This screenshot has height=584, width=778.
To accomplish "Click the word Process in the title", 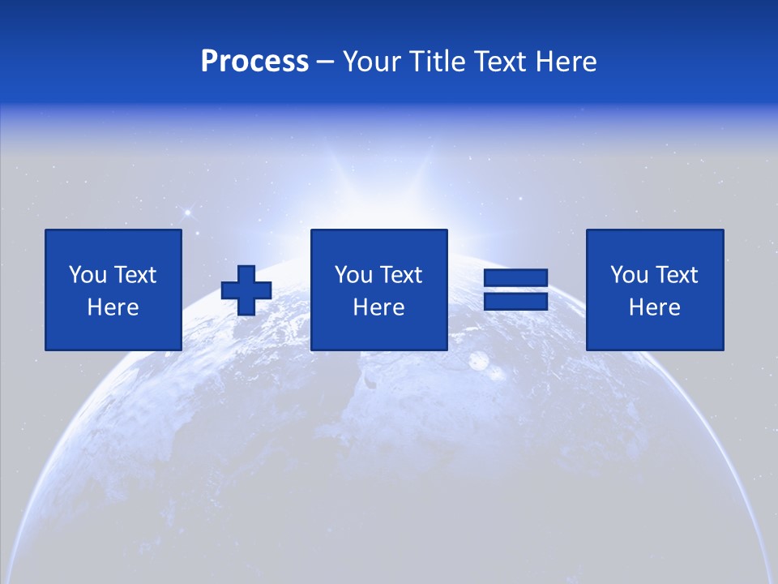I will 254,61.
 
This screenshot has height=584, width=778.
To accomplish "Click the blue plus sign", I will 246,290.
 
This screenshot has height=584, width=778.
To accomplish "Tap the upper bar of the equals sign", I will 515,278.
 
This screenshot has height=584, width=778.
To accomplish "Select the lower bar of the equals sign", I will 515,302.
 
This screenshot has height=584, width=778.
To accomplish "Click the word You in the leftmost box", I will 88,275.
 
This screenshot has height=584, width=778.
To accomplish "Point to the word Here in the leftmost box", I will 113,307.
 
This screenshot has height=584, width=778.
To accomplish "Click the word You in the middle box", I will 353,275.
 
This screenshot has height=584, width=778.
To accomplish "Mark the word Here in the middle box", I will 379,307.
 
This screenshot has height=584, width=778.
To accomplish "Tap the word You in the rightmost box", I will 629,275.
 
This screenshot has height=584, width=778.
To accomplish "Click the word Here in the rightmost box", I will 655,307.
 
